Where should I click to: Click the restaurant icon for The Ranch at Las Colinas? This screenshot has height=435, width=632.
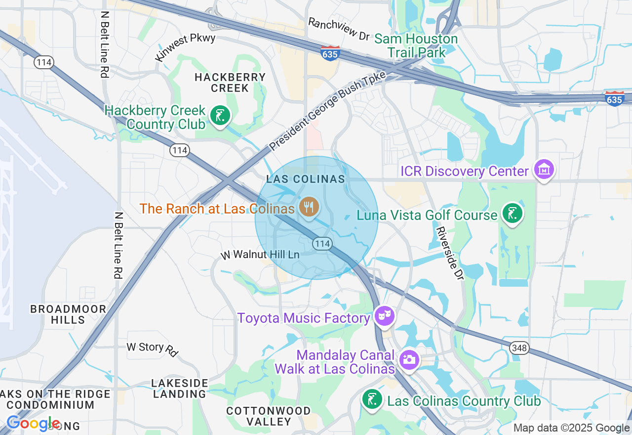coord(309,206)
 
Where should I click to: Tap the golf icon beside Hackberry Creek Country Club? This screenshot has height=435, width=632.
coord(220,116)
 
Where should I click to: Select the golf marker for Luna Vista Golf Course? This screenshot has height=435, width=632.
coord(513,214)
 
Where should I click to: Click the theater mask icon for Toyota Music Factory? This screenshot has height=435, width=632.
coord(384,315)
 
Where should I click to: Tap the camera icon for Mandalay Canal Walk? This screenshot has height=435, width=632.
coord(409,359)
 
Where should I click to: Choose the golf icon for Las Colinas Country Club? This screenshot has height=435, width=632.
coord(372,399)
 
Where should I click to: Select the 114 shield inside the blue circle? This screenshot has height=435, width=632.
coord(321,243)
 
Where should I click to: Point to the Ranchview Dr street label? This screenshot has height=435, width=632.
coord(339,29)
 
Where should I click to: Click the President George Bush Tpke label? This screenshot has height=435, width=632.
coord(327,110)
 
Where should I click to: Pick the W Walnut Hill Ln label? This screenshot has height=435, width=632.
coord(260,255)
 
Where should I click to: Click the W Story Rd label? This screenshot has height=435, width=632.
coord(152,348)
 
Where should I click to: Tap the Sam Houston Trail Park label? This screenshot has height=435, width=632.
coord(416,45)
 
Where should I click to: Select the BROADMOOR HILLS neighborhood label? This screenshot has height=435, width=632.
coord(68,314)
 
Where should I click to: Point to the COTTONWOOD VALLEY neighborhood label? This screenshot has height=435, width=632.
coord(269,416)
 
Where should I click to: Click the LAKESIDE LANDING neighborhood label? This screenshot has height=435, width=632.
coord(180,389)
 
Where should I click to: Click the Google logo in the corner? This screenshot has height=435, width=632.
coord(34,424)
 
